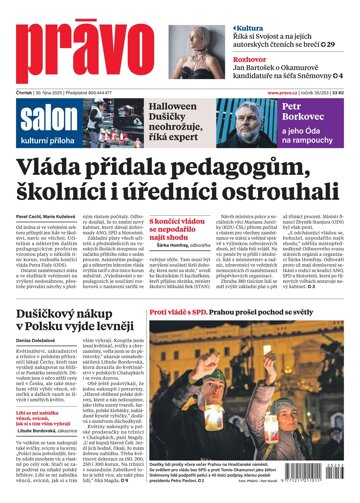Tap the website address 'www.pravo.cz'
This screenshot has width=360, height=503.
(285, 93)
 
